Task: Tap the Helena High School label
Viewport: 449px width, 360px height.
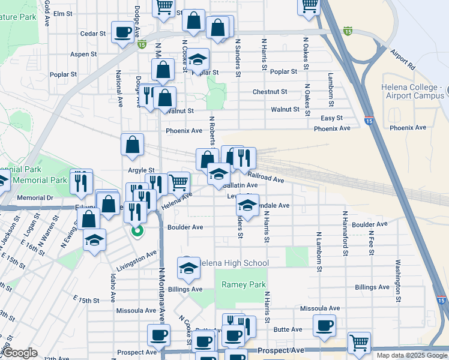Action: (234, 263)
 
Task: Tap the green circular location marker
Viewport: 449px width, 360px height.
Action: (137, 229)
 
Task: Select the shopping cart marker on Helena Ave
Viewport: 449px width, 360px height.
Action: (178, 182)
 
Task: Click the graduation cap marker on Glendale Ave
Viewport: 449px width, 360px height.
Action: (247, 205)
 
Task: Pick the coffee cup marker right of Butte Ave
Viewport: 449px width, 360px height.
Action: (325, 326)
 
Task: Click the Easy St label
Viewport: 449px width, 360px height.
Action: (331, 118)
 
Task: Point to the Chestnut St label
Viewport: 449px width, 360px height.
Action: (270, 92)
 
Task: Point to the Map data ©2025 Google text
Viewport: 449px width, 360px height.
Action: (412, 355)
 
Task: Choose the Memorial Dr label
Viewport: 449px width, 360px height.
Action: (35, 197)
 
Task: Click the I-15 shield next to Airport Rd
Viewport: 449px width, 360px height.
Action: (348, 30)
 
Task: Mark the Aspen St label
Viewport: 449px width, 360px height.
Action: (83, 54)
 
